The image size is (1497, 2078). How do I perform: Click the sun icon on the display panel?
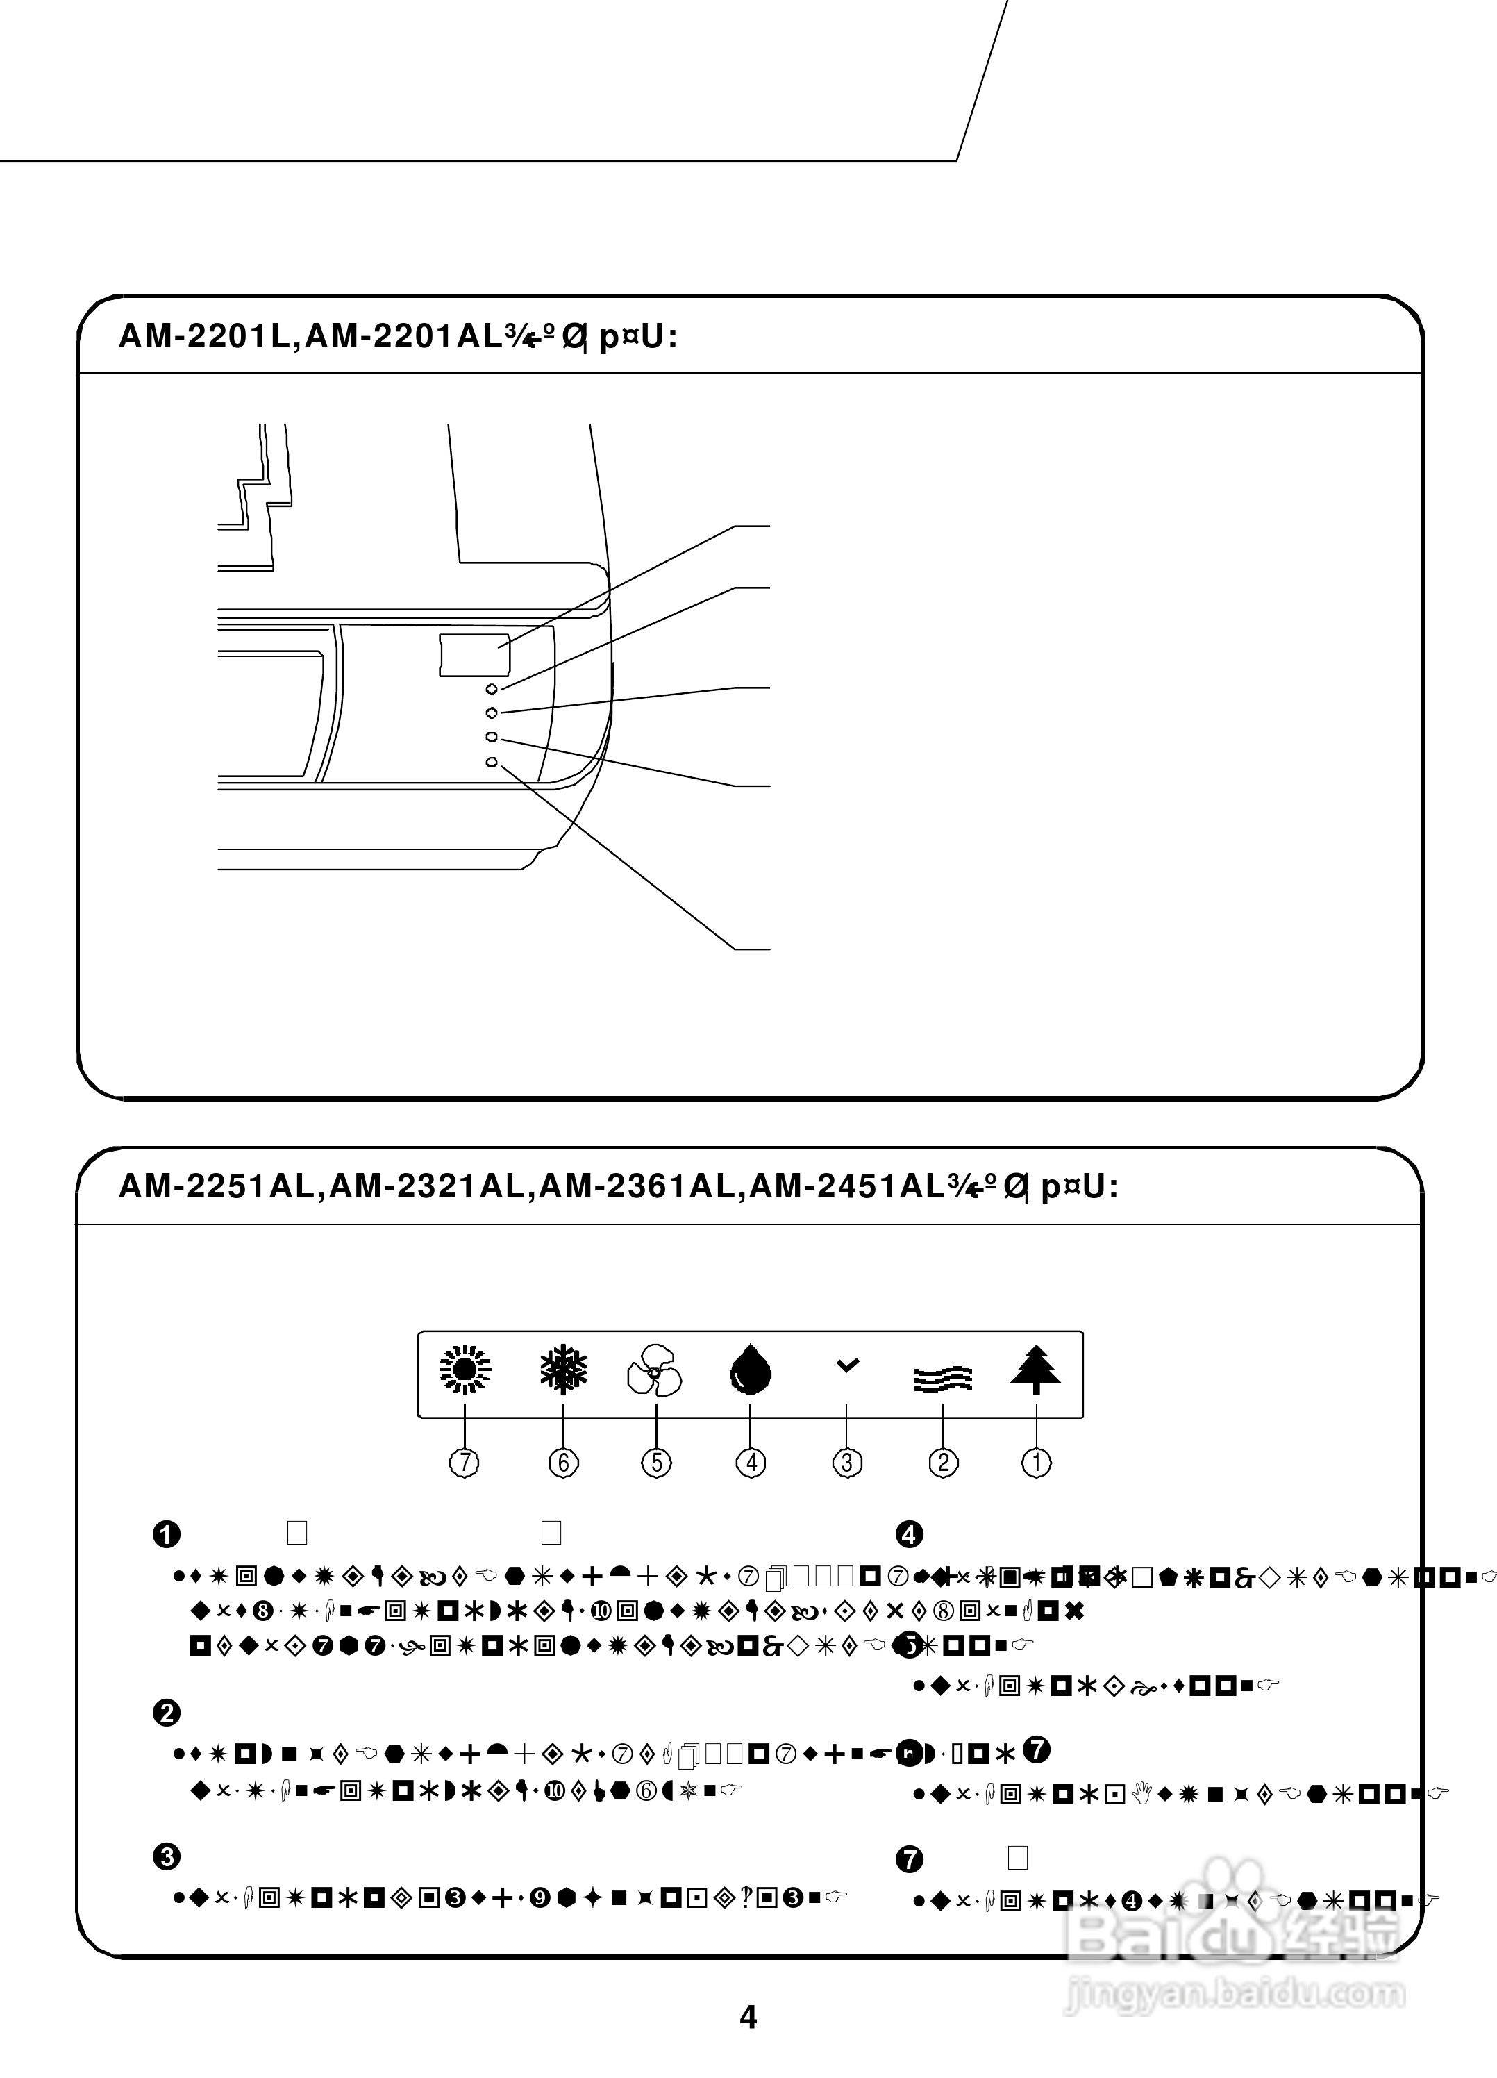pyautogui.click(x=465, y=1371)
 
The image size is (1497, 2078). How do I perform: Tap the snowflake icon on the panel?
pyautogui.click(x=562, y=1371)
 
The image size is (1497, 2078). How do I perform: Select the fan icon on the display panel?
pyautogui.click(x=654, y=1371)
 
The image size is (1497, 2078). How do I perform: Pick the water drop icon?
pyautogui.click(x=751, y=1371)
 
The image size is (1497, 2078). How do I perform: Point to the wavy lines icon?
pyautogui.click(x=943, y=1378)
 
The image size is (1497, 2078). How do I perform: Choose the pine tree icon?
pyautogui.click(x=1036, y=1370)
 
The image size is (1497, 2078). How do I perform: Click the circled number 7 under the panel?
pyautogui.click(x=465, y=1462)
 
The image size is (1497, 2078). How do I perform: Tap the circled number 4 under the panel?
pyautogui.click(x=751, y=1462)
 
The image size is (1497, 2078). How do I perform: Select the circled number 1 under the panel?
pyautogui.click(x=1036, y=1462)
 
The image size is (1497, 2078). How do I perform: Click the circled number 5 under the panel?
pyautogui.click(x=656, y=1462)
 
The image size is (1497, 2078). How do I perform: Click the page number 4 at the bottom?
pyautogui.click(x=748, y=2017)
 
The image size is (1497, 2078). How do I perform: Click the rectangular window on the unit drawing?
pyautogui.click(x=474, y=654)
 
